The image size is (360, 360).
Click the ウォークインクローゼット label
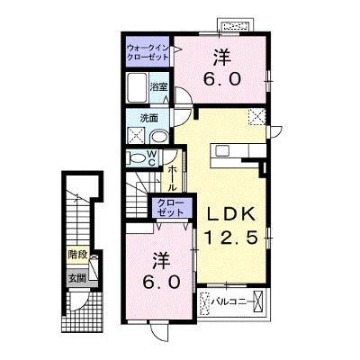pos(148,52)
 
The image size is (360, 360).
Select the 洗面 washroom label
pos(149,118)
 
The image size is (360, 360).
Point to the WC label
pos(152,158)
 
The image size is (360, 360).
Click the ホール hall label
pos(172,178)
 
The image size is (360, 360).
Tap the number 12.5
pos(231,238)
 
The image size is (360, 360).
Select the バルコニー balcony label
pos(231,301)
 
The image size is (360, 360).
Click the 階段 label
pos(77,256)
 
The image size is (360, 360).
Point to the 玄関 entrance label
pos(77,279)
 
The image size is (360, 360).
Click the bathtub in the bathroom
pos(137,87)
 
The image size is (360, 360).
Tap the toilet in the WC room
pos(137,157)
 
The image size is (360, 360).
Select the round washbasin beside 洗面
pos(159,137)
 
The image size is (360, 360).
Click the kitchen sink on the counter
pos(222,150)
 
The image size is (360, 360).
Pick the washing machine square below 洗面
pos(137,135)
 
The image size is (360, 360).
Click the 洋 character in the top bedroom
pos(222,58)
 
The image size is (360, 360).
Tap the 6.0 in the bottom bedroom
pos(162,282)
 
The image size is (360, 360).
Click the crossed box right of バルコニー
pos(257,301)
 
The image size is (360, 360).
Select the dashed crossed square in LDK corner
pos(257,117)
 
